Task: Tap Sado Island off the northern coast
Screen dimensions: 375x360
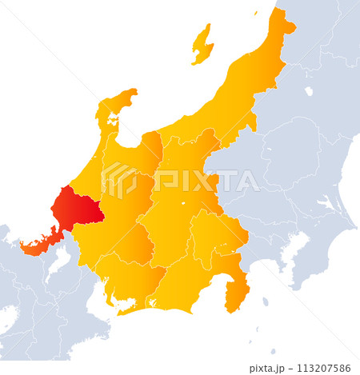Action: click(x=202, y=44)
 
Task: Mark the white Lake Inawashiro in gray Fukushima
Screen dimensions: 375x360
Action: click(x=309, y=91)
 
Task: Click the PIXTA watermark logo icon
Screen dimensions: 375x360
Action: click(x=118, y=181)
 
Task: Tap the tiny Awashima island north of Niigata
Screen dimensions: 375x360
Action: click(x=256, y=13)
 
